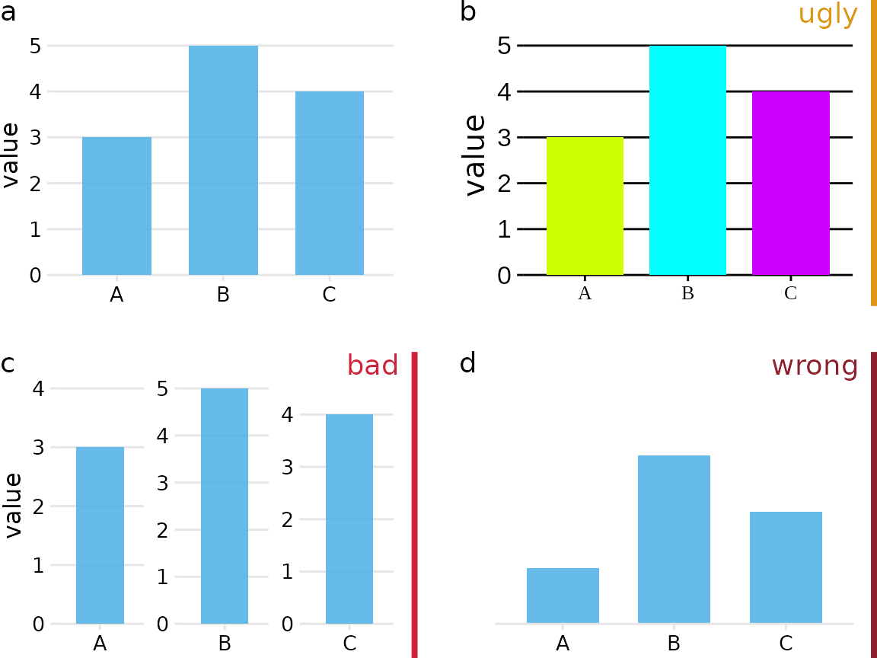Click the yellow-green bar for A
pos(585,206)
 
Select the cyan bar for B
pos(687,160)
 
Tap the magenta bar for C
pos(790,183)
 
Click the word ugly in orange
pos(828,14)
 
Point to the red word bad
pos(372,366)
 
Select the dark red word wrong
pos(815,366)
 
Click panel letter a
pos(8,12)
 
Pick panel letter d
pos(467,363)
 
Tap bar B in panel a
pos(223,160)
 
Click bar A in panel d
pos(563,596)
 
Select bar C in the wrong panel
pos(786,567)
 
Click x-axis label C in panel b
pos(790,293)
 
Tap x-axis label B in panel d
pos(674,644)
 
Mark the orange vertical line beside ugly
pos(873,152)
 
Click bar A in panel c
pos(100,535)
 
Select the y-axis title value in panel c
pos(13,505)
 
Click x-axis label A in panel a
pos(116,295)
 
